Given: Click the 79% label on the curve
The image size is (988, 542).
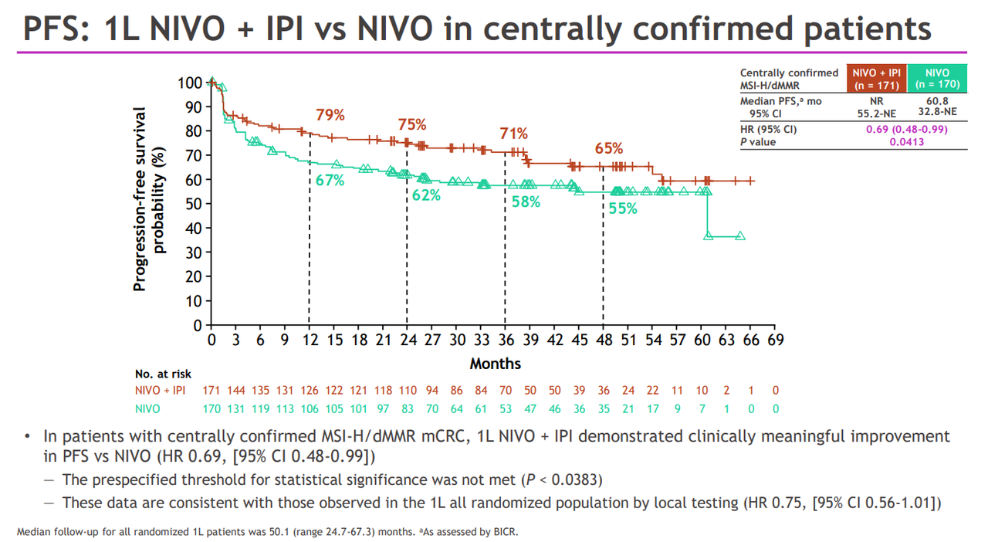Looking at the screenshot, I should coord(330,116).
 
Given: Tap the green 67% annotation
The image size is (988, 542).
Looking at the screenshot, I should coord(330,181).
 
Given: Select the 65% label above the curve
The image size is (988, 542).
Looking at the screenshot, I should coord(609,149).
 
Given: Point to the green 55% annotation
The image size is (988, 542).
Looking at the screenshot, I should coord(623,208).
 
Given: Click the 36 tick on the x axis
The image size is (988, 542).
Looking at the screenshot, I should coord(505,340).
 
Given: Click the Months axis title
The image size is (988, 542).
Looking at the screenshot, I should coord(496,363).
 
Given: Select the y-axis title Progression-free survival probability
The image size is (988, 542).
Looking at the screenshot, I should coord(150,199).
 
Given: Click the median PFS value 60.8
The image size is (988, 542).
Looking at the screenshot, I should coord(937,101).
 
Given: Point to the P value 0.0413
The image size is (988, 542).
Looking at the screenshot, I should coord(906,141).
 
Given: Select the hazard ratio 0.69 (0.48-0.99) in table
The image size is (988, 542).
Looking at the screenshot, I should coord(906,130).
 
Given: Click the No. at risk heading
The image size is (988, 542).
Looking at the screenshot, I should coord(163,374).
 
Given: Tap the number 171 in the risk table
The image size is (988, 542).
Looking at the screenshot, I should coord(211,391).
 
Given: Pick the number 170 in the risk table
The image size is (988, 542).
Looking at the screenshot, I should coord(211,409).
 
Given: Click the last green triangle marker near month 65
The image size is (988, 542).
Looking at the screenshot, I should coord(740,236).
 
